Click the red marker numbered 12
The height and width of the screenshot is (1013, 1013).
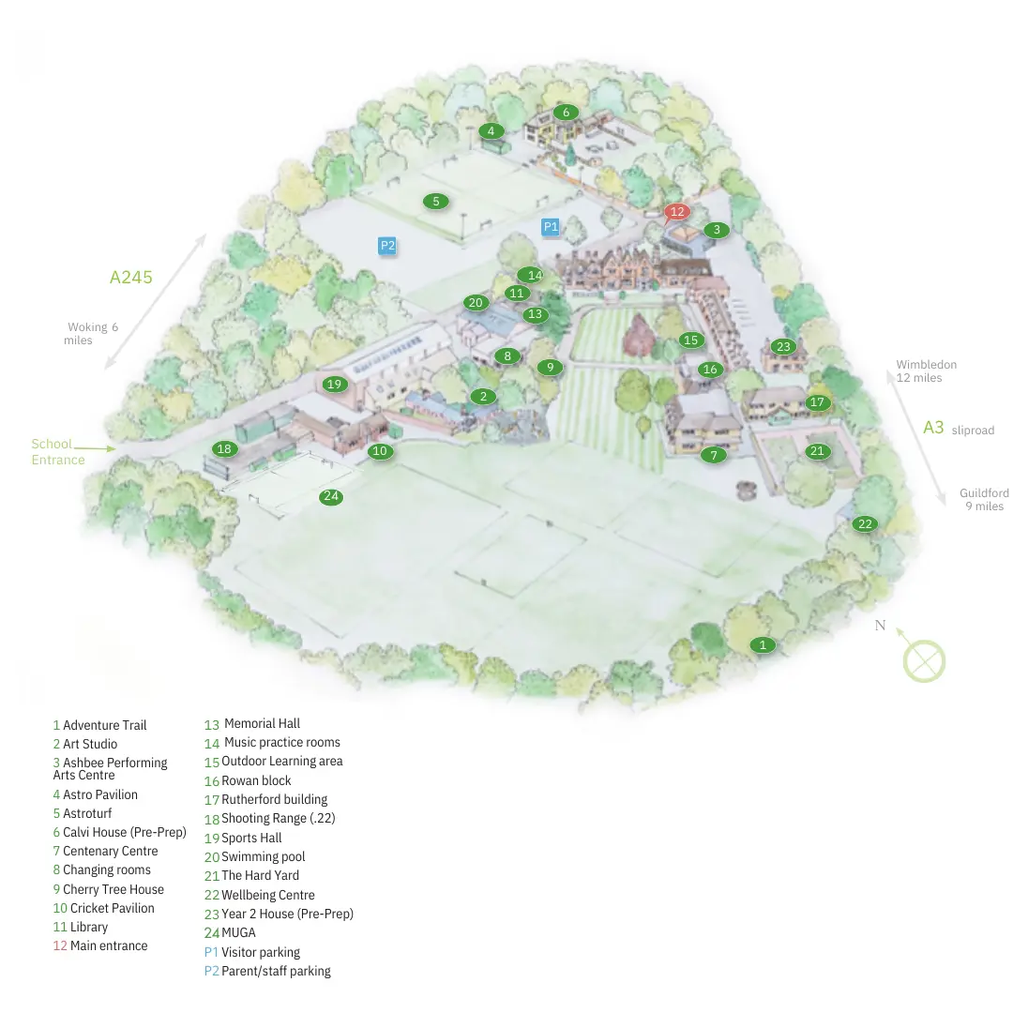pos(677,212)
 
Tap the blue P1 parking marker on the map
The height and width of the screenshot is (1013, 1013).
pos(551,226)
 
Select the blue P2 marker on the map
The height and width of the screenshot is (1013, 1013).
pos(387,246)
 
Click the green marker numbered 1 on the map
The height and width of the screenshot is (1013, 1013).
pos(764,644)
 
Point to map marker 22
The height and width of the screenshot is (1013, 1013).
pos(865,524)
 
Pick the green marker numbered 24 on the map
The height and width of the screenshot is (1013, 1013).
pos(331,497)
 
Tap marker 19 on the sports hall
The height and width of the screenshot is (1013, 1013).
pos(335,384)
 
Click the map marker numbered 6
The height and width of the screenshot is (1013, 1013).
pos(566,113)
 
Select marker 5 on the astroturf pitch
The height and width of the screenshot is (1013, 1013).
pos(435,201)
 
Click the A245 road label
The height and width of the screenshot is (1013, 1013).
pos(131,278)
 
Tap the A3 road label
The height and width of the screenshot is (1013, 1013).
pos(933,428)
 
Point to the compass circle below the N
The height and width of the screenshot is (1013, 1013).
pos(924,660)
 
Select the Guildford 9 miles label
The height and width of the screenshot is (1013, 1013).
pos(984,500)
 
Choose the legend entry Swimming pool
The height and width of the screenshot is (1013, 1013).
pos(263,856)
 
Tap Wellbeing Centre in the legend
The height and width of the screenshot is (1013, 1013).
pos(267,895)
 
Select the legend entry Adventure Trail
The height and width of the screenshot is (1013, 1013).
pos(104,725)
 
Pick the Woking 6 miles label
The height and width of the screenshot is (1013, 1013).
pos(92,334)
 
